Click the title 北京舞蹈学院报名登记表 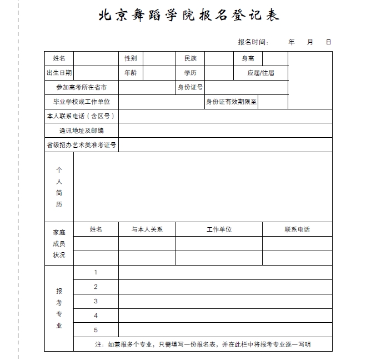[x=188, y=16]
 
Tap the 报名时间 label [x=253, y=42]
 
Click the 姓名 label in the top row [x=59, y=58]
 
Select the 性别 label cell [x=131, y=58]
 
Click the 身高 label [x=248, y=58]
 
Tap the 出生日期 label [x=59, y=73]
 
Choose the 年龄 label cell [x=131, y=73]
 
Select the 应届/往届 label [x=260, y=73]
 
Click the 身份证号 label [x=190, y=87]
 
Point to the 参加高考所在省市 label [x=81, y=87]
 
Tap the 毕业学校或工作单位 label [x=81, y=102]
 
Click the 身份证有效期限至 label [x=232, y=102]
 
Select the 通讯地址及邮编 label [x=81, y=131]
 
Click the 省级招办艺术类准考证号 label [x=81, y=145]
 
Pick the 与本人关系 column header [x=147, y=229]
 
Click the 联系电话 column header [x=297, y=229]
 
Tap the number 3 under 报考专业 [x=96, y=301]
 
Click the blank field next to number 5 [x=225, y=330]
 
